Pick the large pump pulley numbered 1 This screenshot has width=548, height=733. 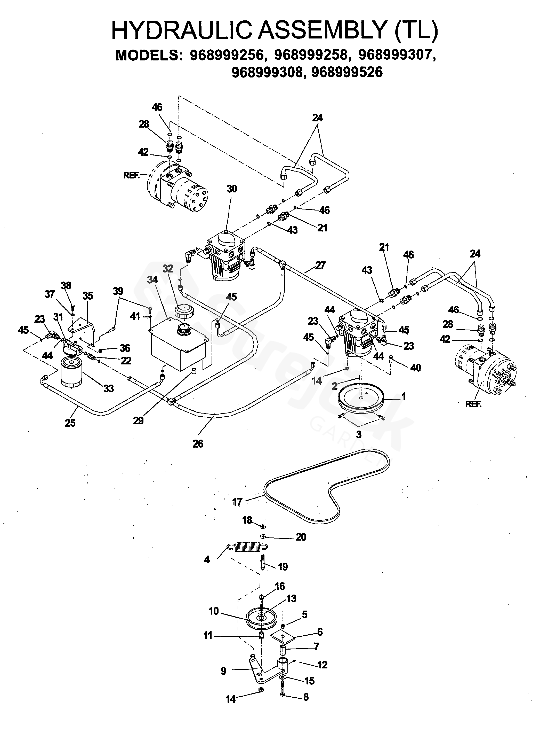(361, 400)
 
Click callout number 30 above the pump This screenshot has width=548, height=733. (232, 189)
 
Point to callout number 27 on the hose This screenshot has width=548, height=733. (320, 265)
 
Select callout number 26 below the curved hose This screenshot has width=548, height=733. (198, 444)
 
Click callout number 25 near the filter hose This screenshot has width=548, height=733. (70, 423)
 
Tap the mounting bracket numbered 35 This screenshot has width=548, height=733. (82, 331)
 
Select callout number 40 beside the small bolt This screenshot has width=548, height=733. (416, 368)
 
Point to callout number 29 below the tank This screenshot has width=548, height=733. (138, 420)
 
